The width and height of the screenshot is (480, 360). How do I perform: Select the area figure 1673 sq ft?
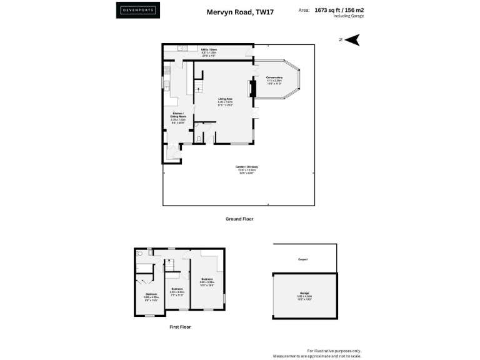coord(330,11)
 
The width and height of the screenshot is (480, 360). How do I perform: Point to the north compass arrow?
coord(352,40)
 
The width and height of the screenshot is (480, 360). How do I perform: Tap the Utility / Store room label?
coord(209,51)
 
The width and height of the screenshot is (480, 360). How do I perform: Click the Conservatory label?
coord(275,79)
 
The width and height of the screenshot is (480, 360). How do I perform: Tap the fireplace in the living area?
coord(253,89)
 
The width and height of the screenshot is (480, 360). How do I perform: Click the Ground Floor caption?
coord(239,219)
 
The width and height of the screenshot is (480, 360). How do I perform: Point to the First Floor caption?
coord(181,327)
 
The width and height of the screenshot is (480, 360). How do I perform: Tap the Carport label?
coord(303,259)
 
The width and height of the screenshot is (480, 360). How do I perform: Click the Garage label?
coord(304,294)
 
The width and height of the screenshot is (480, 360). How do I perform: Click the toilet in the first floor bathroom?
coord(140,254)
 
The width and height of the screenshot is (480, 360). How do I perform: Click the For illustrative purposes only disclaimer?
coord(334,351)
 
